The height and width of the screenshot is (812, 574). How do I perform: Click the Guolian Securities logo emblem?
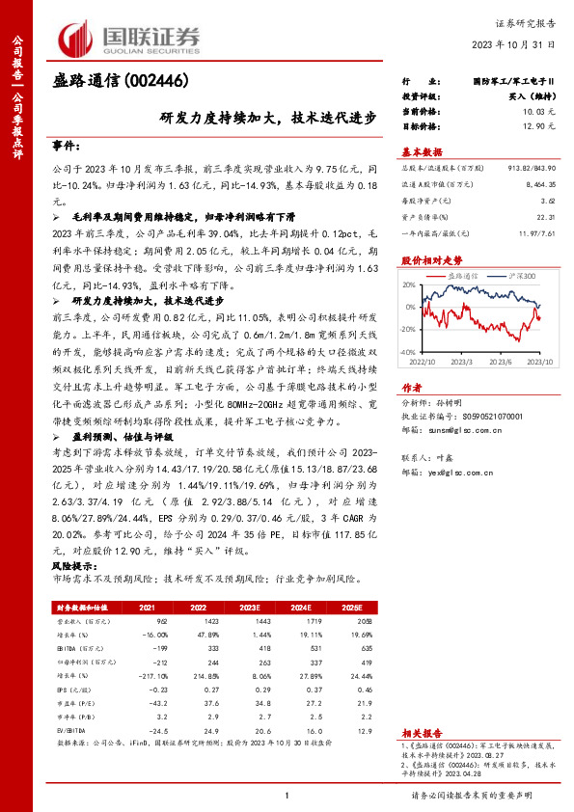pyautogui.click(x=78, y=37)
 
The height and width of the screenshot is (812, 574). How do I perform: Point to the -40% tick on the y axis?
pyautogui.click(x=408, y=354)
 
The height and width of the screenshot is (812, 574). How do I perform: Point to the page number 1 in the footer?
pyautogui.click(x=287, y=795)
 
